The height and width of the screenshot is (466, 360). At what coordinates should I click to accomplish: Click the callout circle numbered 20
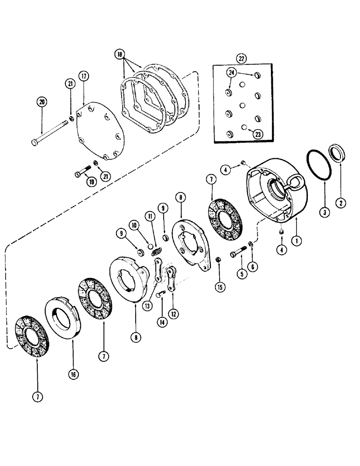42,103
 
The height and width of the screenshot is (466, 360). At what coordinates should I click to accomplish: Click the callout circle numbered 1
294,241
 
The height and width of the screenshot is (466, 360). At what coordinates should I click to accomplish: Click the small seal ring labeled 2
339,152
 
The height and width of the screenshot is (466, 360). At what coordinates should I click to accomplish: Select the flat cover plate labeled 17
100,135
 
